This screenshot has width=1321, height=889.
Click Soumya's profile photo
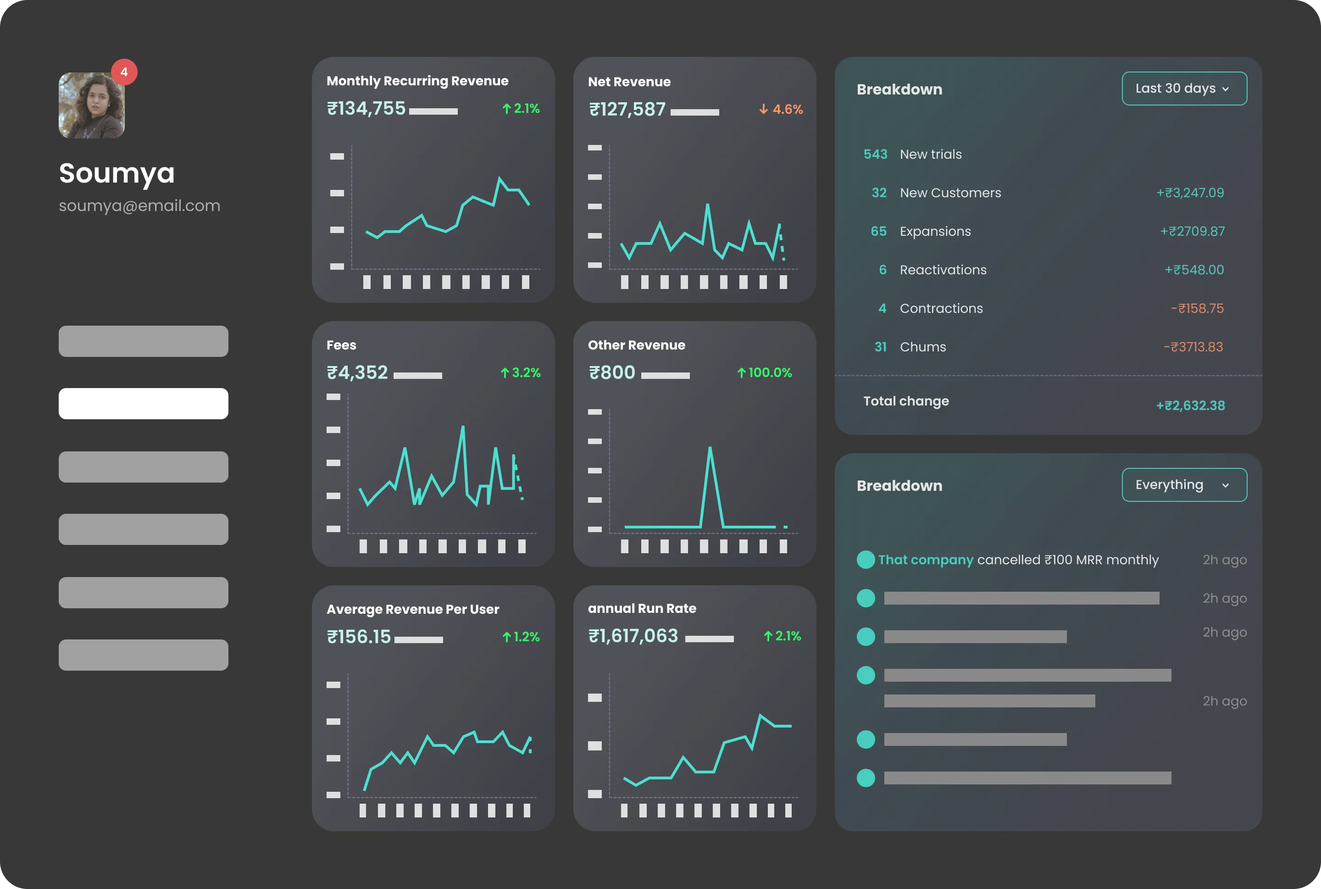pyautogui.click(x=91, y=106)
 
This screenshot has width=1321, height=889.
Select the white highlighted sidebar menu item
pyautogui.click(x=144, y=404)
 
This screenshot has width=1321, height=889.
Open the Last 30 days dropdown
pyautogui.click(x=1184, y=89)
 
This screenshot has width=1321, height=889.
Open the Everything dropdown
pyautogui.click(x=1184, y=485)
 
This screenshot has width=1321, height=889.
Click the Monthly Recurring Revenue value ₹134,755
pyautogui.click(x=366, y=108)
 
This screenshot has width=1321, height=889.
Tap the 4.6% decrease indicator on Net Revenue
pyautogui.click(x=781, y=110)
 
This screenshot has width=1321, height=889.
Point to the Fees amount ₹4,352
pyautogui.click(x=357, y=372)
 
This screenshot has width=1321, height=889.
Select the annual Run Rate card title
pyautogui.click(x=642, y=608)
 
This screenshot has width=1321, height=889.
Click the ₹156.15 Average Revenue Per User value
pyautogui.click(x=359, y=637)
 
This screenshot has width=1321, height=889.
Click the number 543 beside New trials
pyautogui.click(x=875, y=154)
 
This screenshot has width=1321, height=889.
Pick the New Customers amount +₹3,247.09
pyautogui.click(x=1189, y=193)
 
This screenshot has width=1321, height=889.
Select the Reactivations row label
pyautogui.click(x=943, y=270)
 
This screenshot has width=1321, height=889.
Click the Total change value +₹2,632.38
pyautogui.click(x=1190, y=406)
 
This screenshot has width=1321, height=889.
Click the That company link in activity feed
pyautogui.click(x=925, y=560)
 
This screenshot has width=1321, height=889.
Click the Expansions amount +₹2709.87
pyautogui.click(x=1192, y=231)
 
